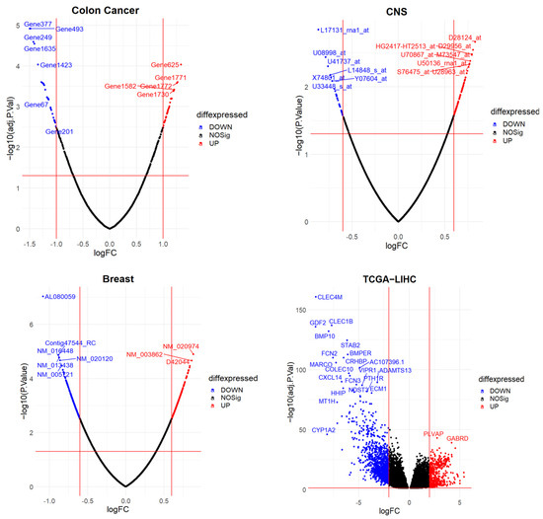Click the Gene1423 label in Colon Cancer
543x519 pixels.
coord(57,65)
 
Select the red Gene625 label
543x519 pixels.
coord(166,65)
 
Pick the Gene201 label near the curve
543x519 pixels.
coord(60,131)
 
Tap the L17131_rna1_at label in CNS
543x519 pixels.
coord(345,31)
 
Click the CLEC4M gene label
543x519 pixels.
coord(328,297)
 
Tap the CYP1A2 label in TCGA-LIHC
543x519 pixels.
coord(324,431)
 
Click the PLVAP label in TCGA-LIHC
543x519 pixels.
coord(432,433)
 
